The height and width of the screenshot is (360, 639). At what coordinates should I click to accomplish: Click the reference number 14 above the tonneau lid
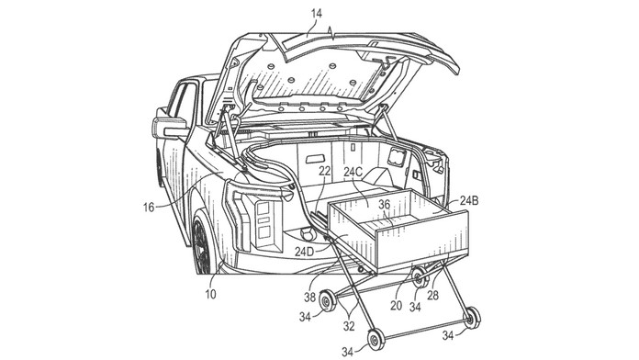(x=316, y=14)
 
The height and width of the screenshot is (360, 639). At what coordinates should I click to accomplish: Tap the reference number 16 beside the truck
(x=149, y=208)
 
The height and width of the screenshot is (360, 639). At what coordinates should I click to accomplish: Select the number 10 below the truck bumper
(x=210, y=294)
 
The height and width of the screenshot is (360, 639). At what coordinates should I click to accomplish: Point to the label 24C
(x=353, y=172)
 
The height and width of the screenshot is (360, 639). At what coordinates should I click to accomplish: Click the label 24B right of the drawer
(x=469, y=200)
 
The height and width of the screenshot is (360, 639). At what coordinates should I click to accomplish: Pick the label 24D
(x=305, y=252)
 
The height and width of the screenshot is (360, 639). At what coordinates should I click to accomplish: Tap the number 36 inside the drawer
(x=385, y=205)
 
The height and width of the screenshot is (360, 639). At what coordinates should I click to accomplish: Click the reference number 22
(x=325, y=171)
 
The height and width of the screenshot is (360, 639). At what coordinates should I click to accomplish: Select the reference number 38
(x=309, y=298)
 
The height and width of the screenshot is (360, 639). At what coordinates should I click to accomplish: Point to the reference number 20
(x=396, y=305)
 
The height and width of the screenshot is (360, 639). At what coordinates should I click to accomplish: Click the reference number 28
(x=432, y=295)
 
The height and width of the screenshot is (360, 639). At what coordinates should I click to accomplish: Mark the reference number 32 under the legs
(x=349, y=326)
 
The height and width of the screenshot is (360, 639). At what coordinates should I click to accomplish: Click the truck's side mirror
(x=168, y=129)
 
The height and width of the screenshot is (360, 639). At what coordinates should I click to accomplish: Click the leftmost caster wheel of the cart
(x=327, y=301)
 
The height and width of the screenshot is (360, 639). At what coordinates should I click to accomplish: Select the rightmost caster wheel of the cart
(x=473, y=318)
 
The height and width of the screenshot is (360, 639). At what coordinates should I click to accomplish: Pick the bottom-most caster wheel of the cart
(x=376, y=339)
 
